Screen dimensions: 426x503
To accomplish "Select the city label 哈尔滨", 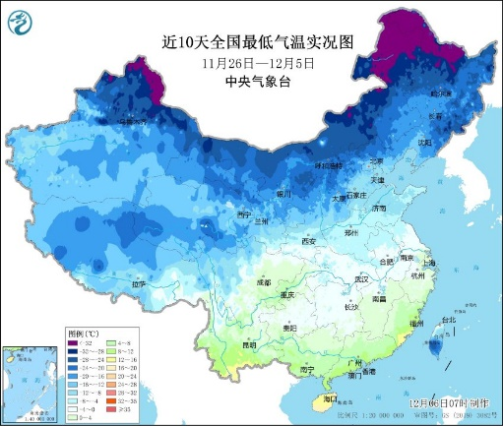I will click(442, 92).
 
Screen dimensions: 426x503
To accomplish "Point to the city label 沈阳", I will click(424, 142).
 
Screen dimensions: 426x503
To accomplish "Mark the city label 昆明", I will click(250, 345).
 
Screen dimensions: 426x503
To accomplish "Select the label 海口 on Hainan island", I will click(329, 398).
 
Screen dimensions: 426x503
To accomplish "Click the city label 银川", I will click(283, 194).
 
